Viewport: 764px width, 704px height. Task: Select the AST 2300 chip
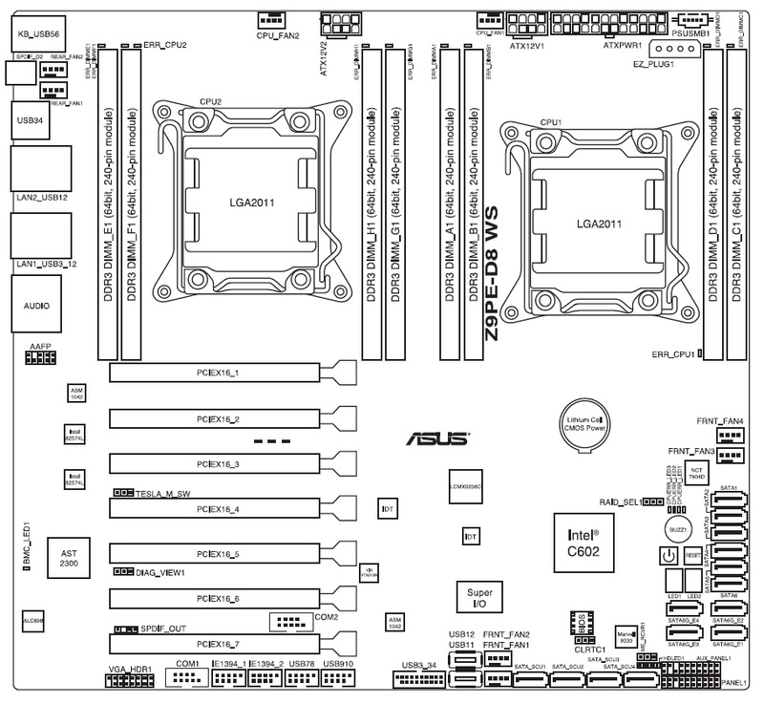67,560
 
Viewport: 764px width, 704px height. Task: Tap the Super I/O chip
475,599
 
